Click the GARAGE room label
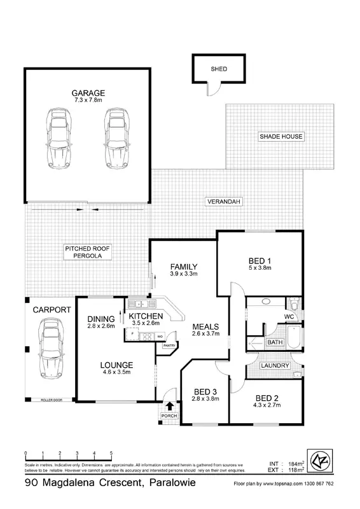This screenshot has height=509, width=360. point(88,93)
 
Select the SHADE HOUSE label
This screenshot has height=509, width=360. point(280,136)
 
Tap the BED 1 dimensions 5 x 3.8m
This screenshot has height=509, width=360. point(260,269)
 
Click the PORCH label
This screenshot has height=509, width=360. point(169,416)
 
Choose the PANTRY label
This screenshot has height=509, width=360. point(169,345)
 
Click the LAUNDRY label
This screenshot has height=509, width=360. point(275,366)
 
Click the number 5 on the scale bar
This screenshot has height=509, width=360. point(111,452)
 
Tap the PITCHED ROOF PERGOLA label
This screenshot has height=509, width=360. point(88,252)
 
